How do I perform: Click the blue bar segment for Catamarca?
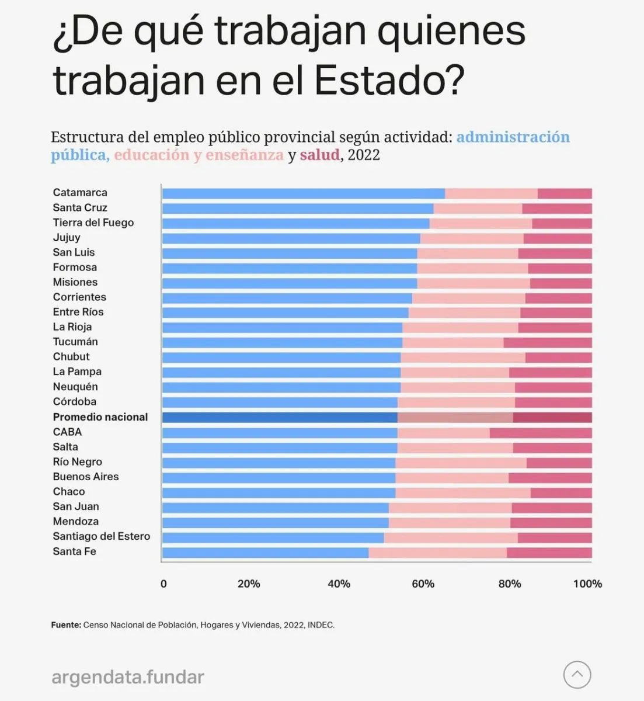[304, 193]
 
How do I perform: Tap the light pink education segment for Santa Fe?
[437, 552]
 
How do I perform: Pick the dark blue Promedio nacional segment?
[280, 417]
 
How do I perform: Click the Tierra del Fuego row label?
[93, 223]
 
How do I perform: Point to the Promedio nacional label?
[100, 417]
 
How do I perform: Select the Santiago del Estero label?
[102, 536]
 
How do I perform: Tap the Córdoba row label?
[75, 402]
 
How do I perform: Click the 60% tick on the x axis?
[423, 584]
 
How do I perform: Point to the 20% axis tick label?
[249, 584]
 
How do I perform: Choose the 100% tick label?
[587, 584]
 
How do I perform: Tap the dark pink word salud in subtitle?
[320, 155]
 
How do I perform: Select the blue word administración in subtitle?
[513, 137]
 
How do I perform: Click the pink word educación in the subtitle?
[152, 155]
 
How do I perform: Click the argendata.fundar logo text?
[128, 677]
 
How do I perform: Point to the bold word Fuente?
[66, 625]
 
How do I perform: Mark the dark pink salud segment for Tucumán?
[548, 342]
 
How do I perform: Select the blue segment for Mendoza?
[276, 522]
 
